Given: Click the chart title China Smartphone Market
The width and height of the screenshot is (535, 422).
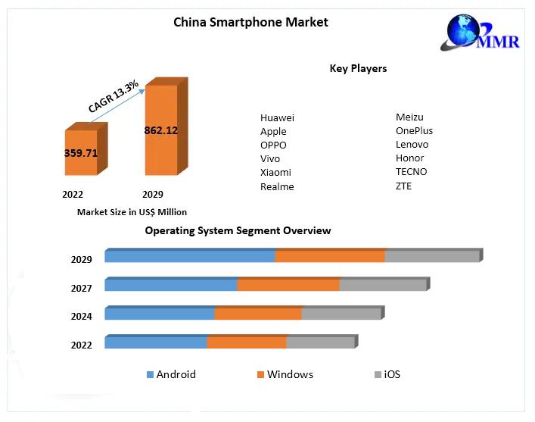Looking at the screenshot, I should pos(250,22).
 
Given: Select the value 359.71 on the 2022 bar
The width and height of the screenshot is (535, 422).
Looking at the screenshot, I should pos(80,152).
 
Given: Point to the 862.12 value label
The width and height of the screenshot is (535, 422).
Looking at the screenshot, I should pos(160,130).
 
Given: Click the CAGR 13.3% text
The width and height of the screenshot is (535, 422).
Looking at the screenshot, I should pos(113,97).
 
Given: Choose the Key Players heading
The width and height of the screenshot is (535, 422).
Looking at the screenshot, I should pos(358,68).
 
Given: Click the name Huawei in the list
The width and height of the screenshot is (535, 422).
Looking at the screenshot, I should pos(277,117).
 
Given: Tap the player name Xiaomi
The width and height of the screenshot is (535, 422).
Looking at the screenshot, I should pos(275,173).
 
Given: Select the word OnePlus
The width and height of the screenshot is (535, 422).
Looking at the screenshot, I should pos(414,130).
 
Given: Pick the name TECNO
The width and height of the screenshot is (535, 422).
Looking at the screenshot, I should pos(411,171).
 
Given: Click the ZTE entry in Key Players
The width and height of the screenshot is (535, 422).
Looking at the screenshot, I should pos(403,186).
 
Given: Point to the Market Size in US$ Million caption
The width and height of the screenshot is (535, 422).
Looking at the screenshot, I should pos(132,212).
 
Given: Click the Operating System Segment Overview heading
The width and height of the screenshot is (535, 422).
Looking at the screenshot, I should pos(238,230).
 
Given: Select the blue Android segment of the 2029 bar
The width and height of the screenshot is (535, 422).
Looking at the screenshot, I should pos(189,256).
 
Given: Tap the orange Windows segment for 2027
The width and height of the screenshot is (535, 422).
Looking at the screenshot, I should pos(288,285).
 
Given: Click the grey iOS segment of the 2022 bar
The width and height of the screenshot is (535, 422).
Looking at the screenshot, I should pos(320,342).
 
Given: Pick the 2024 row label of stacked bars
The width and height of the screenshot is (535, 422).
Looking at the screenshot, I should pos(81,317).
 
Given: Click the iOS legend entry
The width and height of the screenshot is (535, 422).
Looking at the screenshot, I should pos(392,374).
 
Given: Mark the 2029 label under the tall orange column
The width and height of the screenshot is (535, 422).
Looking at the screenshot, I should pos(152,194).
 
